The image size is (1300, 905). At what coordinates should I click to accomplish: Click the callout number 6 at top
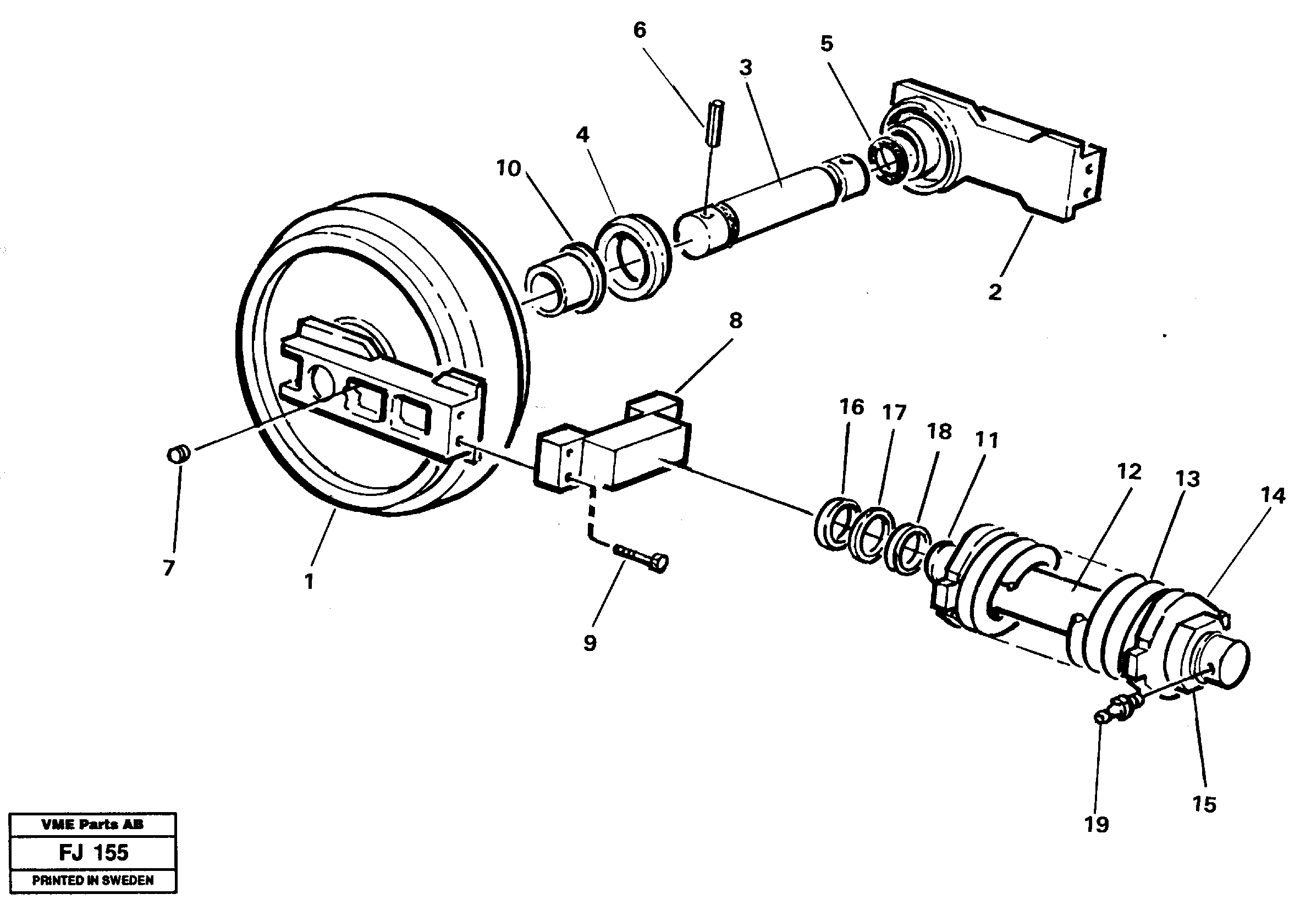point(639,31)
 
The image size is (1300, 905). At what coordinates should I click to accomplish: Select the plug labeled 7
point(179,454)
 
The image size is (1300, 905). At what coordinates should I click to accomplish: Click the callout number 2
point(995,292)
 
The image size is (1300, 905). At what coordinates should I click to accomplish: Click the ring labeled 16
point(833,523)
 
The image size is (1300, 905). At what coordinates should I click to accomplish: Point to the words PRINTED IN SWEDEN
point(92,880)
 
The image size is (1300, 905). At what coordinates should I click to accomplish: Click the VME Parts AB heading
point(92,824)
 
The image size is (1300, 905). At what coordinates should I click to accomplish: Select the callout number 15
point(1204,804)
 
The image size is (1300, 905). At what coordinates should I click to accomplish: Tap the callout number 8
point(735,321)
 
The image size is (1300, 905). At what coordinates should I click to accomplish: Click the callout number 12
point(1128,471)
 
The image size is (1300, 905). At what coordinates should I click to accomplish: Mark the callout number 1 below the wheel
point(309,581)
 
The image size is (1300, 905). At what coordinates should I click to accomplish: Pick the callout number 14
point(1273,496)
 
